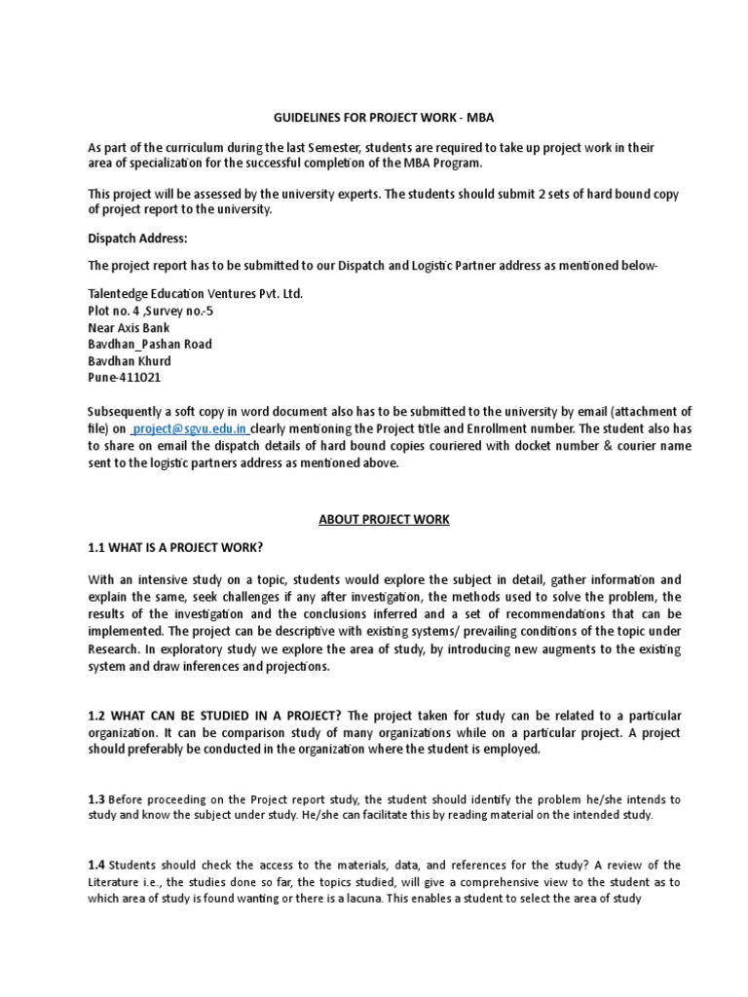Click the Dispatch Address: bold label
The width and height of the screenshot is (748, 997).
tap(137, 239)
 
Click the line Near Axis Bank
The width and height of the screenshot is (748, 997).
tap(131, 327)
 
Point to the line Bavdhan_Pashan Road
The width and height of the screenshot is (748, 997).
tap(149, 344)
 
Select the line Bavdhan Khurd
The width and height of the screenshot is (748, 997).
tap(130, 361)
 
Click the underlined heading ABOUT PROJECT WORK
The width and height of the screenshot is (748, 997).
tap(384, 520)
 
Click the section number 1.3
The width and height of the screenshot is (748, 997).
tap(96, 799)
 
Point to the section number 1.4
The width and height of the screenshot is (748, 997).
tap(96, 865)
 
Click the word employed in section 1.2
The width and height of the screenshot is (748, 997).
tap(510, 751)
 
